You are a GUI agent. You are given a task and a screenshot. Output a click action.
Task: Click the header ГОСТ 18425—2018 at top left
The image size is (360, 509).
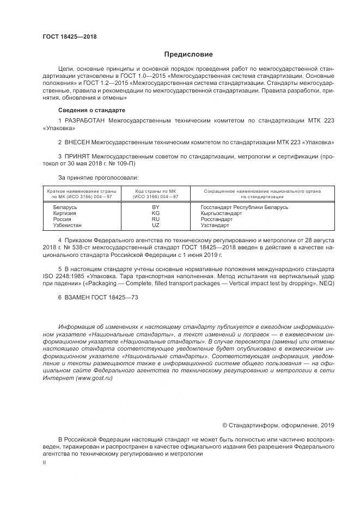coord(69,37)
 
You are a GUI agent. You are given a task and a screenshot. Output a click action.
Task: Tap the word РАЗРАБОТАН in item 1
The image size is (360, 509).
coord(85,120)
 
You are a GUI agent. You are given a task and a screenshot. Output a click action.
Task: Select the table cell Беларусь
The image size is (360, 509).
coord(65,207)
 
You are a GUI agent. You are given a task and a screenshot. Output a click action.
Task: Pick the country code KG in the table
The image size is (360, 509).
coord(155,213)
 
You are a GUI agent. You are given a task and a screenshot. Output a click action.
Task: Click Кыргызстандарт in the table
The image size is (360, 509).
coord(222,213)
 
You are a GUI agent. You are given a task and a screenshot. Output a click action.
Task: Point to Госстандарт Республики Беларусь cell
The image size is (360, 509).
coord(244,207)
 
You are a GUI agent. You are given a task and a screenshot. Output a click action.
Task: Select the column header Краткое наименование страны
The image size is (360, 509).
coord(81,191)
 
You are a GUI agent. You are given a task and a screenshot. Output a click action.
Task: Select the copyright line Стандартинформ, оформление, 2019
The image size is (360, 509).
coord(278,425)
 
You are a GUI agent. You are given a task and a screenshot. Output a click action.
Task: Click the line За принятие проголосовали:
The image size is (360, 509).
coord(98,177)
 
